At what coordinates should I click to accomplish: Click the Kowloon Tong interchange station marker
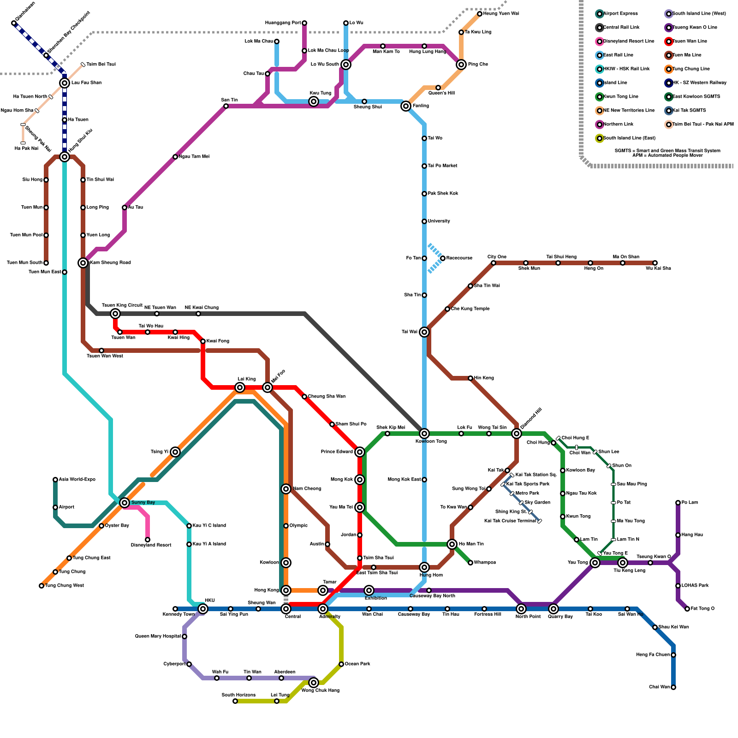point(424,434)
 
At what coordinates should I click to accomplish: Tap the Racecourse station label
point(459,258)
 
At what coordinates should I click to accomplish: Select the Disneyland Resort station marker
point(148,540)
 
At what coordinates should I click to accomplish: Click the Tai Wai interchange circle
point(424,332)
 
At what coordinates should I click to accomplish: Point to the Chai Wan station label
point(659,687)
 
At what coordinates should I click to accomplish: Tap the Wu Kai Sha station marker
point(655,263)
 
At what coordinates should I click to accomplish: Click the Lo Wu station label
point(356,23)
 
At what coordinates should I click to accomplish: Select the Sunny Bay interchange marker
point(125,503)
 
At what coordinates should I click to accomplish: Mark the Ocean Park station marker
point(341,664)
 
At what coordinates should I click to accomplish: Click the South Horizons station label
point(238,695)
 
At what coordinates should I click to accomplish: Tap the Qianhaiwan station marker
point(14,23)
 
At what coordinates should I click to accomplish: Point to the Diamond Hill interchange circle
point(517,434)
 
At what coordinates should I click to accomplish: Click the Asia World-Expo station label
point(77,480)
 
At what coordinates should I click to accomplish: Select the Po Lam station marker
point(678,503)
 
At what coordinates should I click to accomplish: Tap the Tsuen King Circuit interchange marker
point(115,314)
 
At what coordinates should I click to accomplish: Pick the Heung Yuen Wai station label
point(500,14)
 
